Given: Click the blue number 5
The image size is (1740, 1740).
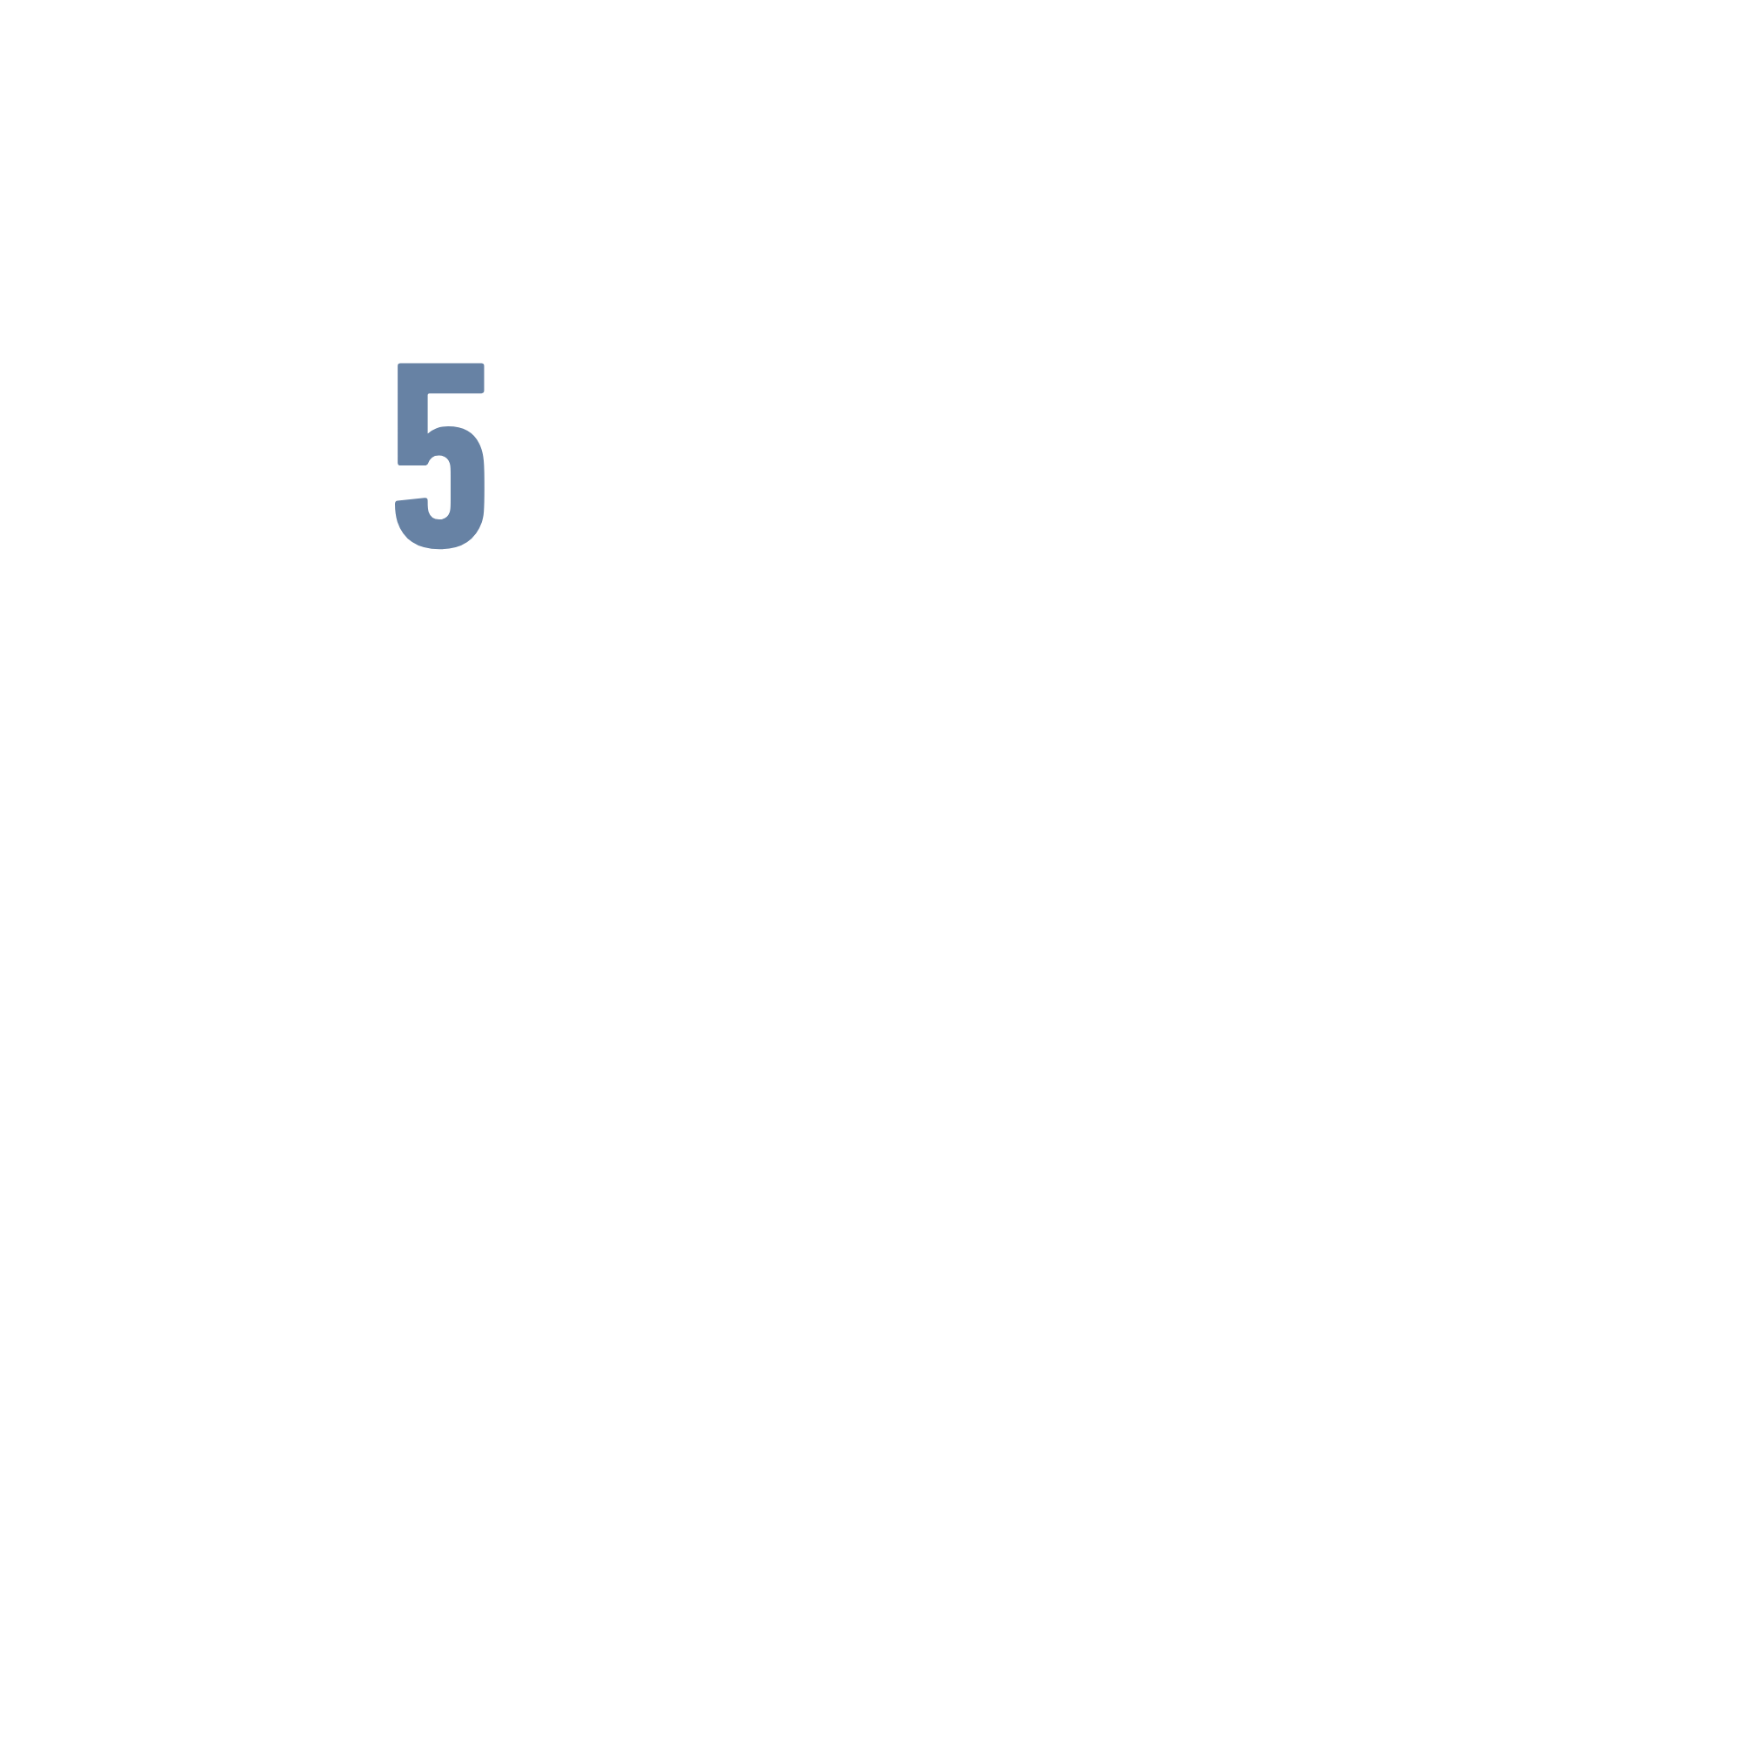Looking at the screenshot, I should [440, 455].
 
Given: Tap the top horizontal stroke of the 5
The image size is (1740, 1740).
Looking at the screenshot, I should [440, 378].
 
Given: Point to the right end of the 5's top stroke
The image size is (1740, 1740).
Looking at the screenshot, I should [481, 378].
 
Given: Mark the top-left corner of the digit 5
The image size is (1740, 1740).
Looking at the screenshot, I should [399, 365].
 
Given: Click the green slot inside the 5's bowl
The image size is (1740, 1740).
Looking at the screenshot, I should [438, 487].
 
